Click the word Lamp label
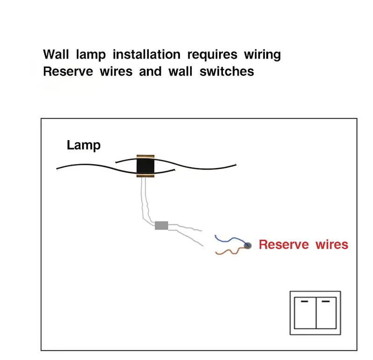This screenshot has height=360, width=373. point(83,145)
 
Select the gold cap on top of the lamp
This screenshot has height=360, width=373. point(145,156)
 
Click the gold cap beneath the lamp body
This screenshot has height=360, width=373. point(145,176)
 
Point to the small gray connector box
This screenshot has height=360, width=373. point(161,225)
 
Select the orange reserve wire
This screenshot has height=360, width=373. point(228,252)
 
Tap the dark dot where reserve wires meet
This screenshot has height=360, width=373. point(248,245)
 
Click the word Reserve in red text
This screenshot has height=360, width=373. point(283,245)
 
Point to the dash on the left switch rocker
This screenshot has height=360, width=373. point(304,301)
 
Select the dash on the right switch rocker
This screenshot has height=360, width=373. point(327,301)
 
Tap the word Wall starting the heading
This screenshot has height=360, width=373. point(56,54)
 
